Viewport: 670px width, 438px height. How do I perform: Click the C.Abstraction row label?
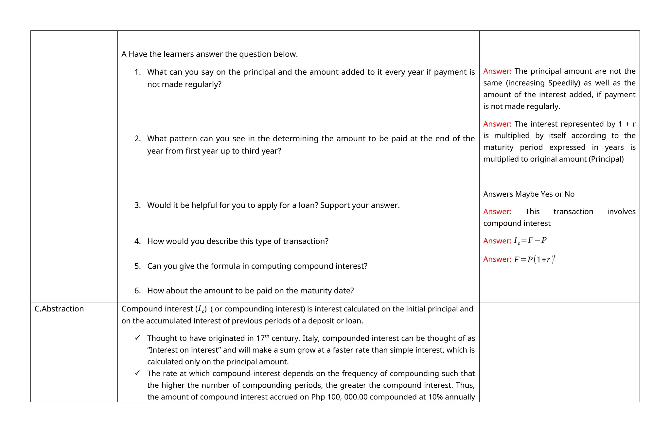(x=59, y=309)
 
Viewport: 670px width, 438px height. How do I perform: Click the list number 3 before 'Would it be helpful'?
(x=137, y=205)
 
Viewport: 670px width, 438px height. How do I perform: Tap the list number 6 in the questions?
(x=137, y=291)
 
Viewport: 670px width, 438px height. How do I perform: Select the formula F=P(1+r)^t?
(x=535, y=259)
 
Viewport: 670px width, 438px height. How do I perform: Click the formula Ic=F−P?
(x=530, y=240)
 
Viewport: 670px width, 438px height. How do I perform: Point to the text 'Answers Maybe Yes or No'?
(x=529, y=194)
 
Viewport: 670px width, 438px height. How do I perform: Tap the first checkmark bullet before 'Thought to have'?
(x=137, y=338)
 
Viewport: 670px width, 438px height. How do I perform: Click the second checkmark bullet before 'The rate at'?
(x=137, y=373)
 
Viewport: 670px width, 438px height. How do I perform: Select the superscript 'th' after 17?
(x=267, y=336)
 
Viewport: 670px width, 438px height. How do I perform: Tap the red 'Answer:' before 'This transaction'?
(x=497, y=212)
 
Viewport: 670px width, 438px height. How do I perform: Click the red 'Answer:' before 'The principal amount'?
(x=497, y=71)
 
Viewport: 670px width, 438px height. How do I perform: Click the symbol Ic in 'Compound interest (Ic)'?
(x=202, y=309)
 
